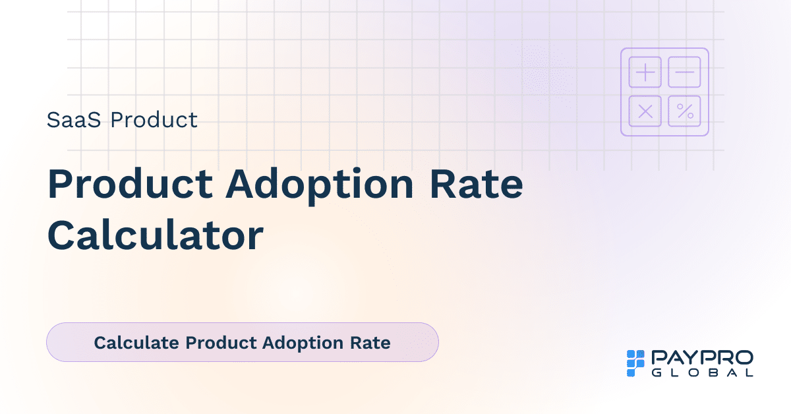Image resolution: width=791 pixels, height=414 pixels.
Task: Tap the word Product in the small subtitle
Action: point(154,120)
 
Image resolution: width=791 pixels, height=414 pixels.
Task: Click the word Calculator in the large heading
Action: point(155,235)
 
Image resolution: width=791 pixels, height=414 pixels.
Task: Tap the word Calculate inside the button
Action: point(136,343)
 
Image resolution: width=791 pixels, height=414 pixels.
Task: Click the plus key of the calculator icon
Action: point(645,72)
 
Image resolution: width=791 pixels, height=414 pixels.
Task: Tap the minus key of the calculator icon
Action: point(685,72)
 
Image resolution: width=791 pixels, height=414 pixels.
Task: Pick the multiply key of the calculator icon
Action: point(645,111)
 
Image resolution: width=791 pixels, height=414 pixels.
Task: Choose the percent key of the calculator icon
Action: point(685,111)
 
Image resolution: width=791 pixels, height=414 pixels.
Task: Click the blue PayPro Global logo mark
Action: point(635,363)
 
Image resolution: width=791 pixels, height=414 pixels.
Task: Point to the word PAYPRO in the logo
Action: point(702,358)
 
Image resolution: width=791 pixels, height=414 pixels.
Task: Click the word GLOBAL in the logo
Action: point(702,372)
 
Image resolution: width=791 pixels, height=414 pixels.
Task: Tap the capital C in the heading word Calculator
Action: point(61,235)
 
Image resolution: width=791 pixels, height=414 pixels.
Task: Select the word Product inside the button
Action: point(221,343)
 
